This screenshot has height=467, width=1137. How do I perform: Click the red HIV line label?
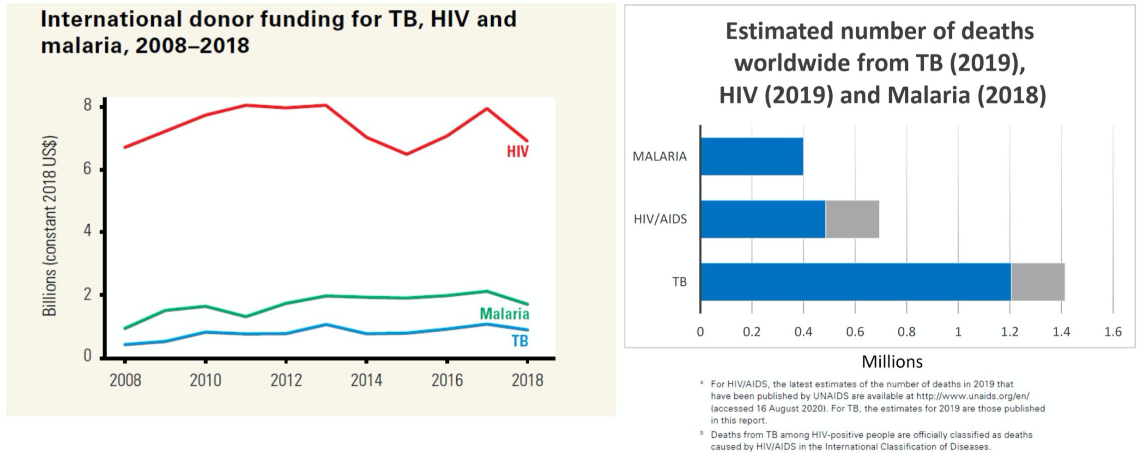[x=517, y=151]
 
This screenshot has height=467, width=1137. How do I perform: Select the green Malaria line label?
[x=504, y=314]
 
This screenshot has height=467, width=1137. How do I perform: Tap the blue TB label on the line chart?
[x=520, y=341]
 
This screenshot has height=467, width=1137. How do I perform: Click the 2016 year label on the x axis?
[x=447, y=380]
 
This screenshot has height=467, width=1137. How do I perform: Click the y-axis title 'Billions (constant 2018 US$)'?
[x=49, y=226]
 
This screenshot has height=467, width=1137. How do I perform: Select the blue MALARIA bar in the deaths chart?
[x=752, y=156]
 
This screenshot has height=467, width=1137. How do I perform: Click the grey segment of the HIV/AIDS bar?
[x=852, y=219]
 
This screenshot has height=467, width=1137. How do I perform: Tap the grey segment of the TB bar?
[x=1038, y=282]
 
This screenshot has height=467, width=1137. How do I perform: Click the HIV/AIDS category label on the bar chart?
[x=660, y=219]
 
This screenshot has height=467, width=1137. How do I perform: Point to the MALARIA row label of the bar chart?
[x=659, y=156]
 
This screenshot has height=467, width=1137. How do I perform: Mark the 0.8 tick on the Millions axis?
[x=906, y=332]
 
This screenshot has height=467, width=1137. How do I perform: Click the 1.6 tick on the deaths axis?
[x=1113, y=332]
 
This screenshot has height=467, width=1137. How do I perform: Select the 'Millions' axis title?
[x=892, y=362]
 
